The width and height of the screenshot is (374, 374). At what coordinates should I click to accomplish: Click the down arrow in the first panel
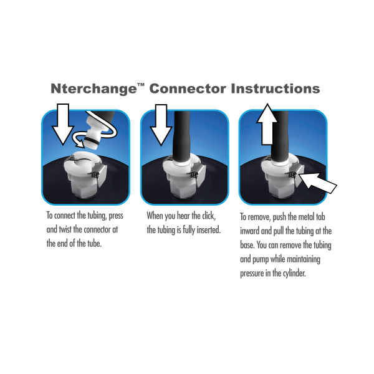pyautogui.click(x=62, y=125)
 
